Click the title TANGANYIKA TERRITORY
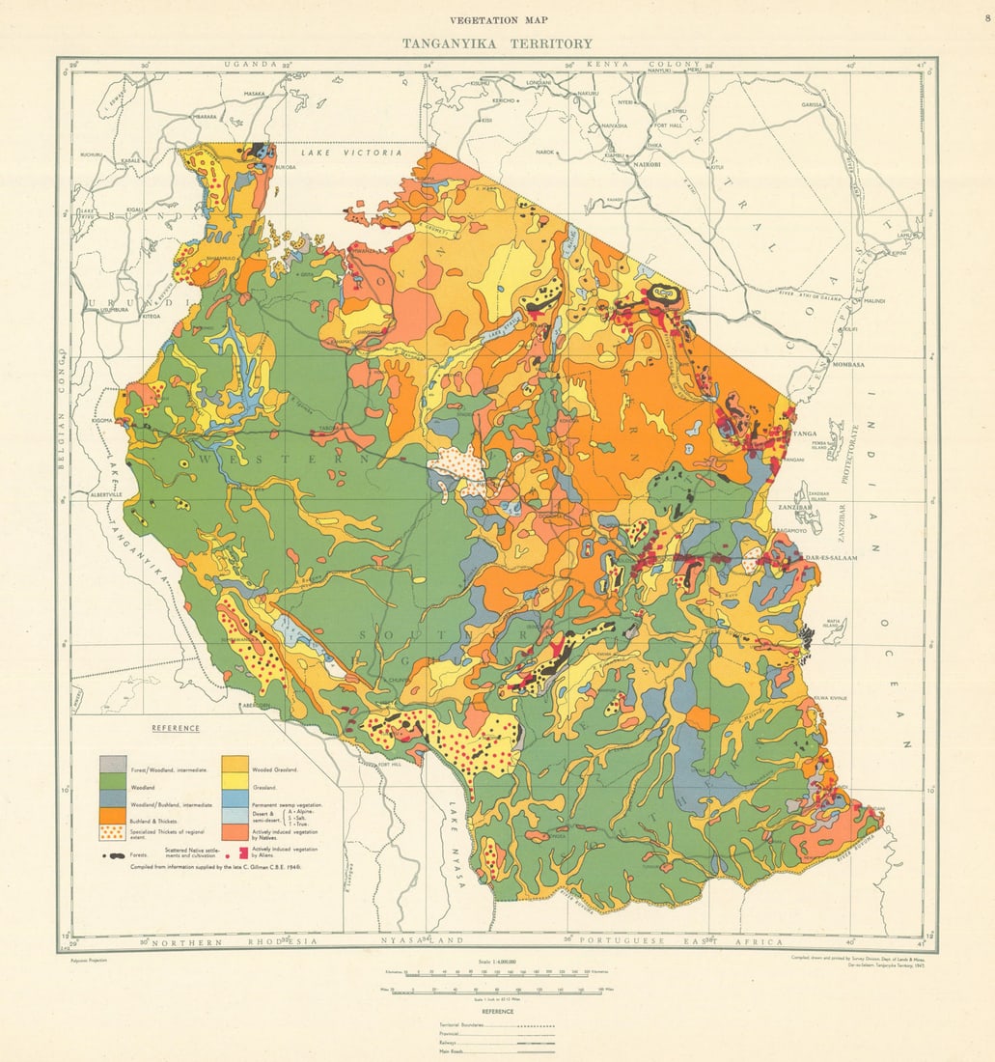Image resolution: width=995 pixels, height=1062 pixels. tap(497, 43)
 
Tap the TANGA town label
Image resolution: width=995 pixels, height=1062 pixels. tap(804, 434)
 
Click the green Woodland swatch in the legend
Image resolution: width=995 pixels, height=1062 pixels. tap(113, 785)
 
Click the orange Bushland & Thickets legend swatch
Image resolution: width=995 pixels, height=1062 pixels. tap(113, 816)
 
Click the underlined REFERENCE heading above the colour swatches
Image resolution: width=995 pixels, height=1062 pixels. tap(175, 728)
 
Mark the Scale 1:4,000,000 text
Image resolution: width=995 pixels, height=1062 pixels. tap(497, 962)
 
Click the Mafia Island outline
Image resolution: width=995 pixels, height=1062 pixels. tap(831, 629)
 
